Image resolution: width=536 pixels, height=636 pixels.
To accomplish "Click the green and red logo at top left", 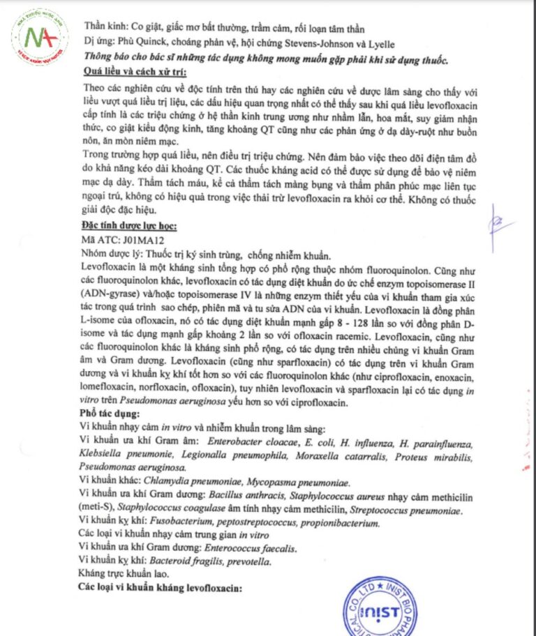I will pyautogui.click(x=40, y=36).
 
